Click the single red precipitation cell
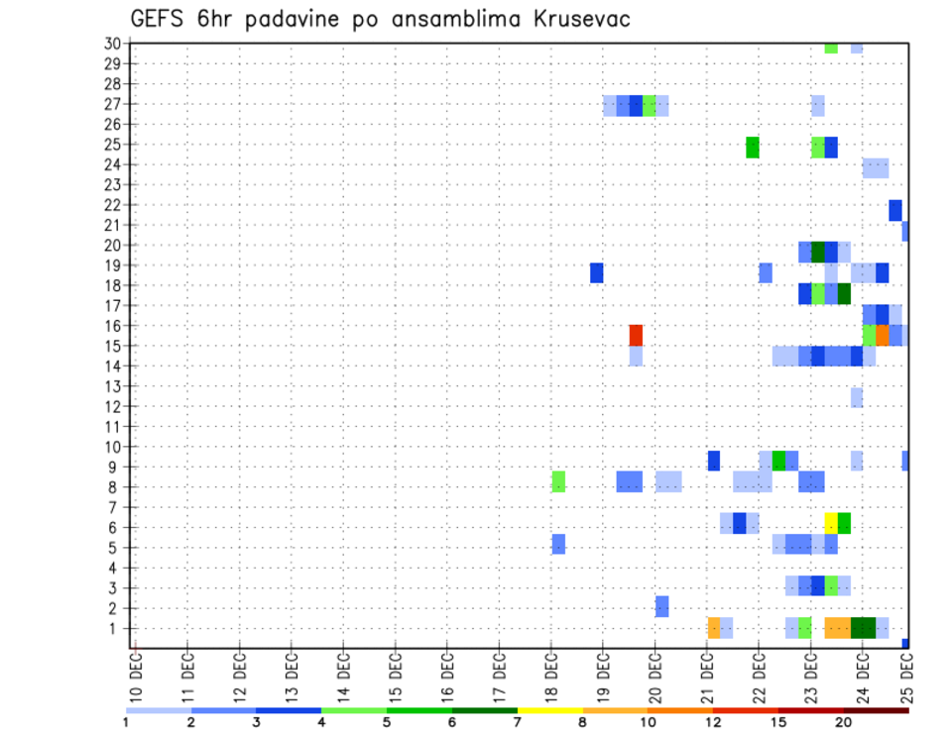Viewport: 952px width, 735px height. tap(636, 335)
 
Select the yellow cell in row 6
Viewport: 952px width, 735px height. tap(831, 523)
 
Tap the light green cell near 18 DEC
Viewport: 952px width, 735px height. tap(558, 482)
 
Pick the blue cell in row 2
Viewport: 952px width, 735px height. tap(661, 606)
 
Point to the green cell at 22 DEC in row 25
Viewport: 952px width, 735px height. tap(753, 147)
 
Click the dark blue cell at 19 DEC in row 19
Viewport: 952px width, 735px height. tap(597, 272)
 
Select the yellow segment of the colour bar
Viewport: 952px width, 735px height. tap(549, 710)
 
